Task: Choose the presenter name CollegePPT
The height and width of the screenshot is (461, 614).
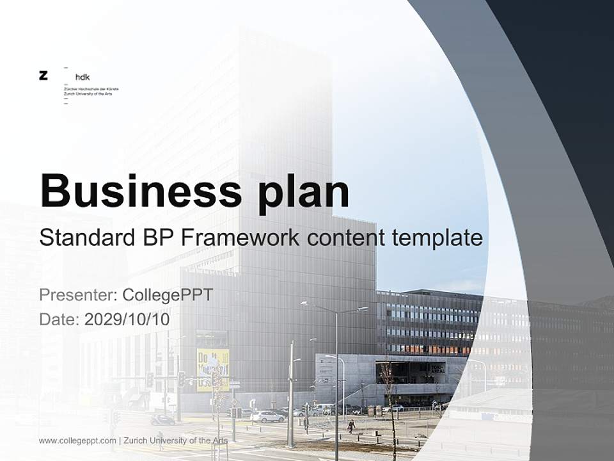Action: tap(168, 295)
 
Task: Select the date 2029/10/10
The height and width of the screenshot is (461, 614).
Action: tap(127, 319)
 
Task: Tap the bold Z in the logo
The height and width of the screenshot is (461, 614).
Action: tap(43, 76)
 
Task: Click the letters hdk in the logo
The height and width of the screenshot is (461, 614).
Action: tap(83, 77)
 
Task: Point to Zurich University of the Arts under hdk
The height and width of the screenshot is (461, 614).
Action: tap(88, 94)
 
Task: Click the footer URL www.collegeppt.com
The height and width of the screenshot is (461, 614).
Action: tap(77, 441)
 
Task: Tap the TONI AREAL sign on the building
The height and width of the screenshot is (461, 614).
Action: tap(437, 368)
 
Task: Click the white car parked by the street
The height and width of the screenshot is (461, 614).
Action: tap(269, 417)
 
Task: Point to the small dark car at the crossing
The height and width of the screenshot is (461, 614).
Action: tap(162, 420)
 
